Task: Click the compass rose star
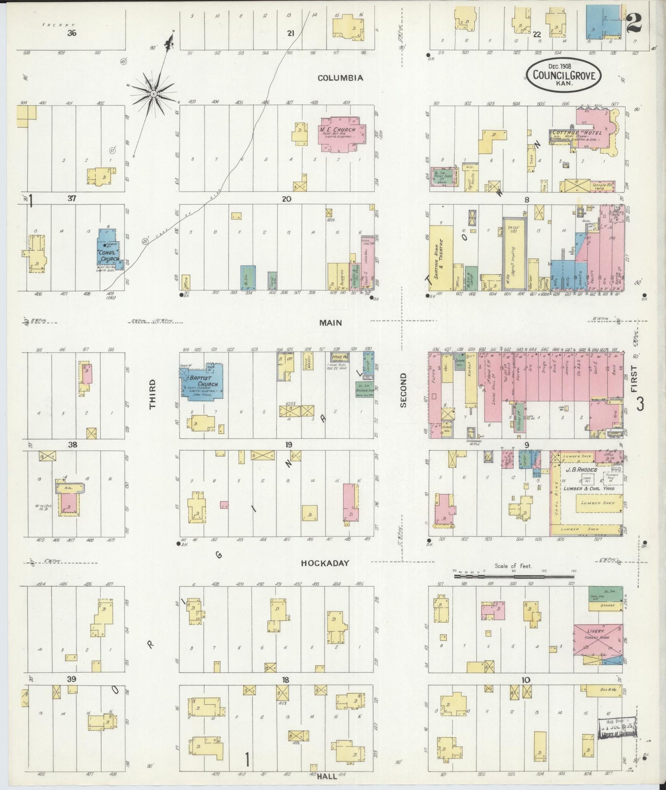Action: tap(153, 94)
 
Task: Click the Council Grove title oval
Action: tap(565, 75)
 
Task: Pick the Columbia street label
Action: tap(340, 78)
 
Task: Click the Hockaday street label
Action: tap(325, 563)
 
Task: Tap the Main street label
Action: tap(331, 323)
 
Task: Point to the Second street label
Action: tap(403, 390)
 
